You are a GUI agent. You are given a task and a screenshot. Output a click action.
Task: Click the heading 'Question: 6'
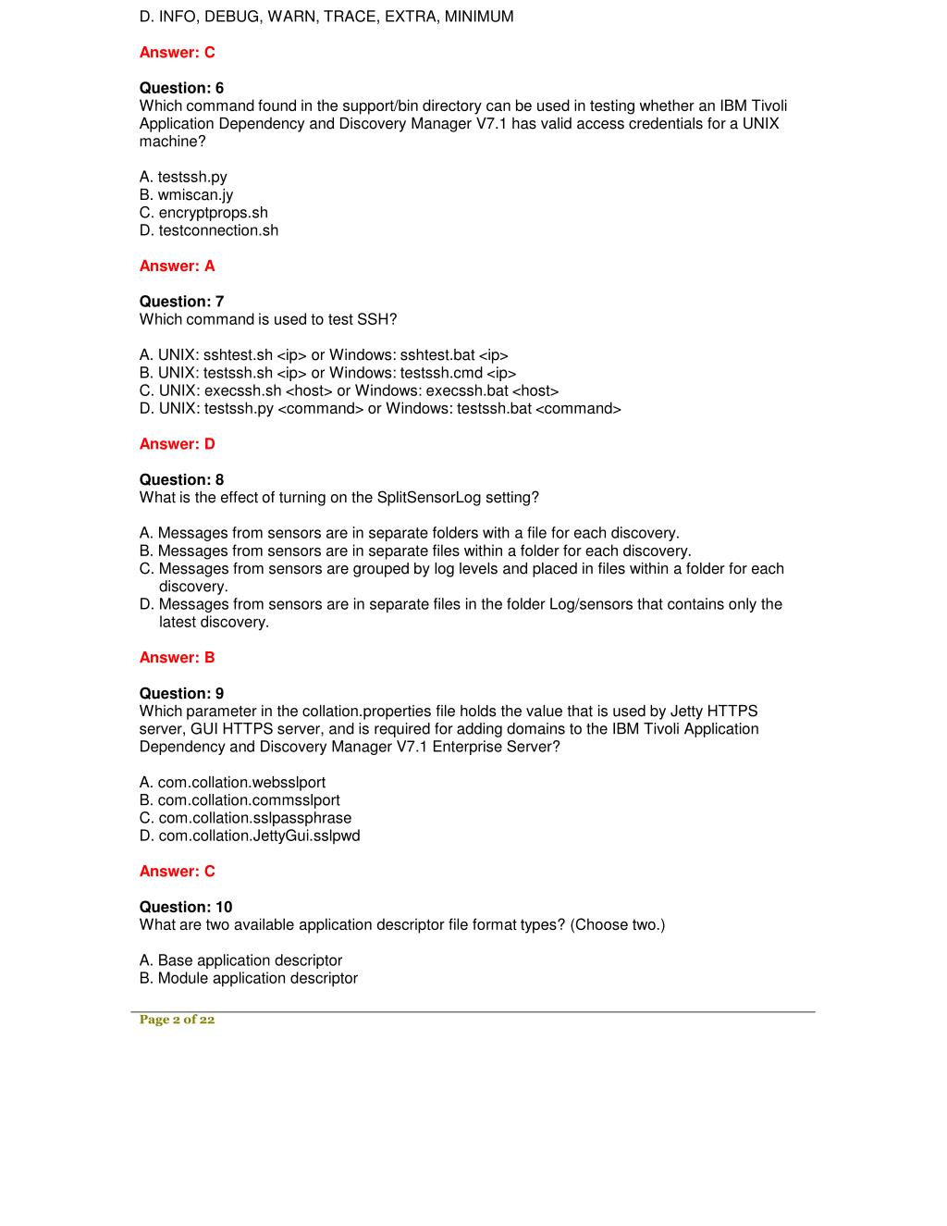tap(181, 88)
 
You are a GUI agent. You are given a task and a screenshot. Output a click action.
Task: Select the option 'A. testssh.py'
tap(183, 177)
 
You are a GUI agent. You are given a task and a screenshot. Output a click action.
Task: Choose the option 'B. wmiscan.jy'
tap(186, 194)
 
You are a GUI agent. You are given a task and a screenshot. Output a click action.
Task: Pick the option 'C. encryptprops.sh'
tap(203, 213)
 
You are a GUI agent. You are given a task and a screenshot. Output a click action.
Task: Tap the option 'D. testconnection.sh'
tap(209, 230)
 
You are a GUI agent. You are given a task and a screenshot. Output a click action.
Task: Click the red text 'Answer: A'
tap(177, 266)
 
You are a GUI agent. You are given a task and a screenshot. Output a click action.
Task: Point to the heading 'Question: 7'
tap(181, 302)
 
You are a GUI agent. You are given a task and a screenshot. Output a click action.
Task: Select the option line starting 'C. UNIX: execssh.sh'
tap(349, 390)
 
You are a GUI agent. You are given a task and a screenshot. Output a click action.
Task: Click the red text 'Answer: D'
tap(177, 444)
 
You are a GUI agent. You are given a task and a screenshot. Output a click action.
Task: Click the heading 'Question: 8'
tap(181, 479)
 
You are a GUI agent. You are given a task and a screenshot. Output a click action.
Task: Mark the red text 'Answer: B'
tap(177, 658)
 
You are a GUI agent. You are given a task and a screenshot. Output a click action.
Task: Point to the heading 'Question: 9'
tap(181, 693)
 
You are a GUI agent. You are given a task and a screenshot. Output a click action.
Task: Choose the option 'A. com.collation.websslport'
tap(232, 783)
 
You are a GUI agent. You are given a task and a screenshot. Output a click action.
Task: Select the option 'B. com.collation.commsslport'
tap(240, 800)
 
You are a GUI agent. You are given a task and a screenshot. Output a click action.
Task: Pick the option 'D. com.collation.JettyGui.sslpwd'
tap(250, 836)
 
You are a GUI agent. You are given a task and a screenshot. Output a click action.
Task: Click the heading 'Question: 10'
tap(186, 907)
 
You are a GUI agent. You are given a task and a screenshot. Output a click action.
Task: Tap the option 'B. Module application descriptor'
tap(249, 978)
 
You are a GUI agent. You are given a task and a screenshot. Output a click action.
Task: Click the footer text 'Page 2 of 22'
tap(177, 1020)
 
